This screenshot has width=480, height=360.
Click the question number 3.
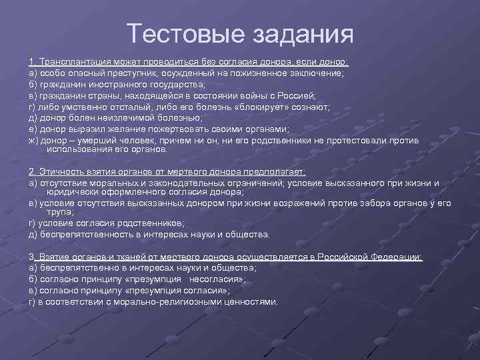tap(32, 257)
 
